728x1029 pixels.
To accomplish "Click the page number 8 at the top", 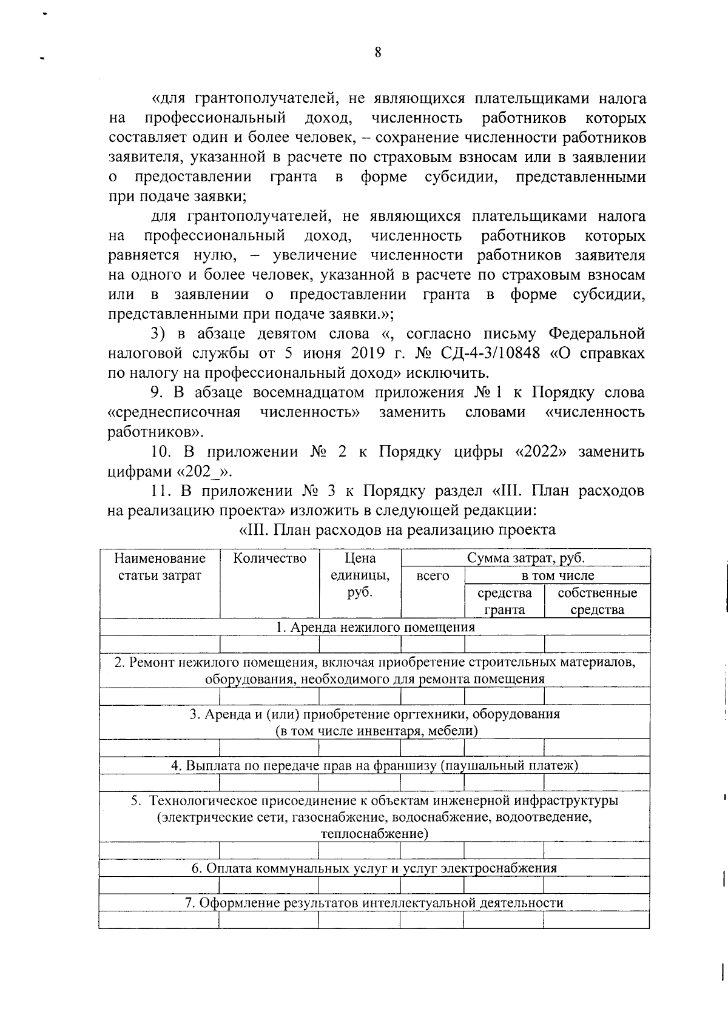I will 377,53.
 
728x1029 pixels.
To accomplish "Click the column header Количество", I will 269,558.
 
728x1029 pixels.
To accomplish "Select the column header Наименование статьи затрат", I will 160,566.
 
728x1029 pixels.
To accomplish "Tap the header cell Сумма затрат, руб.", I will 525,558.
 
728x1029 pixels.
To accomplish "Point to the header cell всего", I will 433,575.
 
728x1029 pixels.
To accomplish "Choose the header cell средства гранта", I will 504,601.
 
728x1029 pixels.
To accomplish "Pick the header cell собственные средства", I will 597,601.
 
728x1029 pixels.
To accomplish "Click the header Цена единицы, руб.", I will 360,574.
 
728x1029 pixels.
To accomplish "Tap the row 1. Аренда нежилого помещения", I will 374,627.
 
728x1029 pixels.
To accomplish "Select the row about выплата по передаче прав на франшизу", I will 374,765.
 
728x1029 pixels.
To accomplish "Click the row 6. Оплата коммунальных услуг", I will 374,868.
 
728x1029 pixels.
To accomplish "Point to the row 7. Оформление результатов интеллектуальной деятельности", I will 374,903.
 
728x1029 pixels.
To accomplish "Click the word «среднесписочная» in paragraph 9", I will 174,412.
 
